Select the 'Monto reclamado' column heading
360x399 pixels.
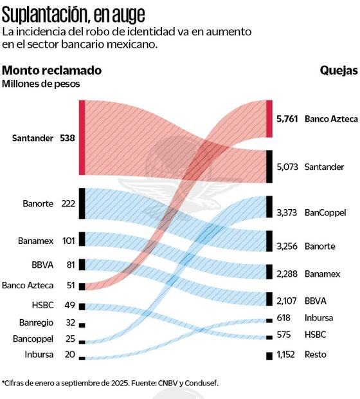(51, 70)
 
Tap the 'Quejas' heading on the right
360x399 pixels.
(338, 70)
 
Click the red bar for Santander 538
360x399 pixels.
(82, 137)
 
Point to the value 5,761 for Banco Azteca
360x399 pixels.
(287, 119)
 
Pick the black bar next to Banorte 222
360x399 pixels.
(82, 203)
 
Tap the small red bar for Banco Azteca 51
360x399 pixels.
(82, 286)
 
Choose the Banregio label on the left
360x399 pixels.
(33, 322)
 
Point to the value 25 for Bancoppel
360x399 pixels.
(70, 339)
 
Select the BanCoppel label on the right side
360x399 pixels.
(325, 212)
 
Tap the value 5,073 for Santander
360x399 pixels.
(287, 167)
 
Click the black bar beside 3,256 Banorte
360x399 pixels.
(269, 241)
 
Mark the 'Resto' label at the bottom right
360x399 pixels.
(316, 355)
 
